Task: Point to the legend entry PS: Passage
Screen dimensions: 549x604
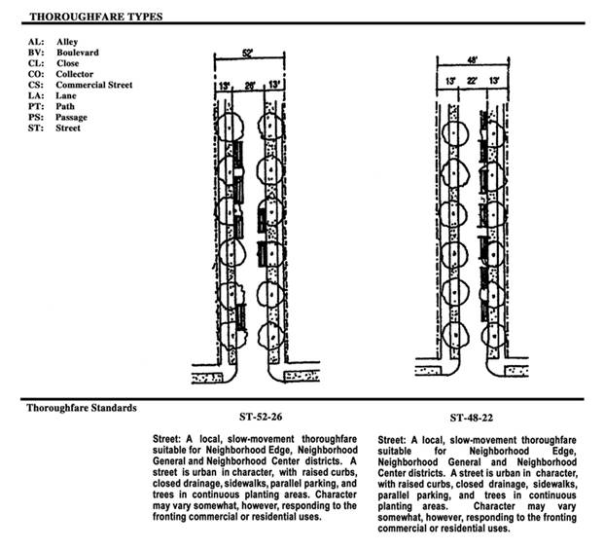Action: click(x=60, y=117)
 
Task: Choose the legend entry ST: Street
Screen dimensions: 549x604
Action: click(x=55, y=128)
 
